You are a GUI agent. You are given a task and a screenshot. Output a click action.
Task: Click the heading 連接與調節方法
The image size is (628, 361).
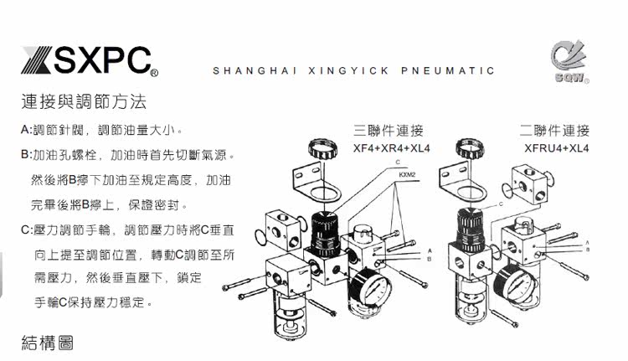84,103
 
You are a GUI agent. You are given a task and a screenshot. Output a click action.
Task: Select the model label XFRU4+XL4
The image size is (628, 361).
557,149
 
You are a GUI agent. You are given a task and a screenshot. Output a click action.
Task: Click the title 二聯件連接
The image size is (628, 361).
554,132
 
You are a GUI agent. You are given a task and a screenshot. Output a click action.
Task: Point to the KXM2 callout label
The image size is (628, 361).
408,176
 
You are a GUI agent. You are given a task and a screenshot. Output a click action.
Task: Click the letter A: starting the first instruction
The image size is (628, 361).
25,131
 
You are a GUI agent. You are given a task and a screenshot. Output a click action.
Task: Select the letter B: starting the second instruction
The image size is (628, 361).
25,156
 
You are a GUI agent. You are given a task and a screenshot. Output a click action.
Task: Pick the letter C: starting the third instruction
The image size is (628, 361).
25,229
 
